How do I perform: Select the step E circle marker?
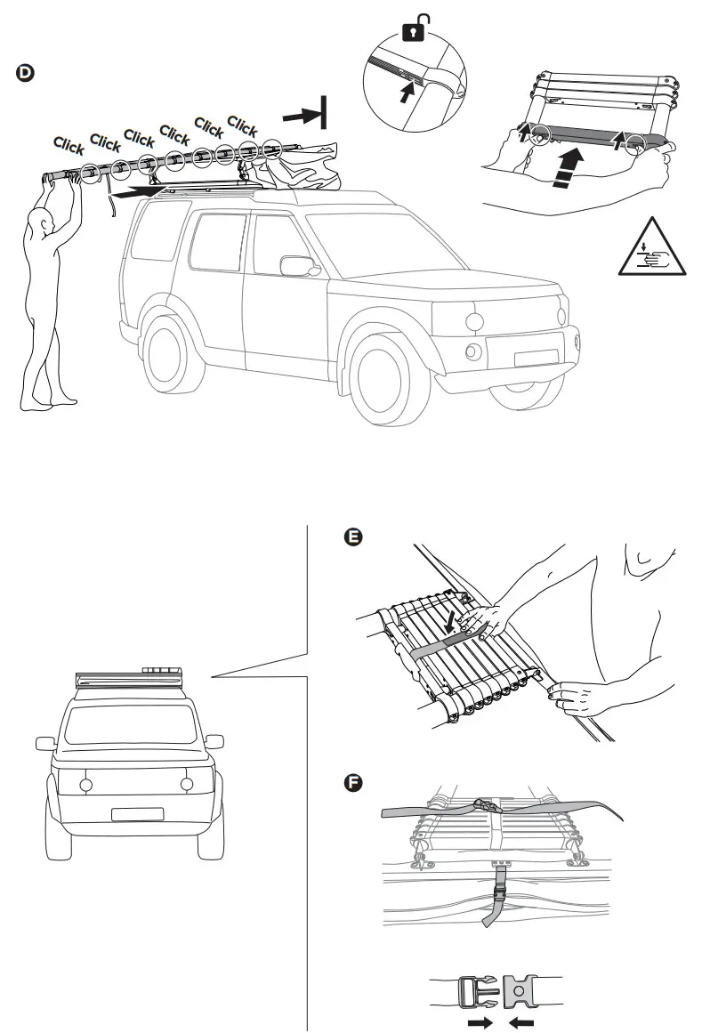point(354,537)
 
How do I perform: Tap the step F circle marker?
point(354,782)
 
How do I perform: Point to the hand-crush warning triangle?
point(651,250)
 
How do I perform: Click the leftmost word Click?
point(69,144)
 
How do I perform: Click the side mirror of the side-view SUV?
point(294,265)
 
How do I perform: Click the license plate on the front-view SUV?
point(137,813)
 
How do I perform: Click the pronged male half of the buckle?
point(479,990)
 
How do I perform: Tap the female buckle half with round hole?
point(521,990)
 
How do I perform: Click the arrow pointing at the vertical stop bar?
point(300,116)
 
